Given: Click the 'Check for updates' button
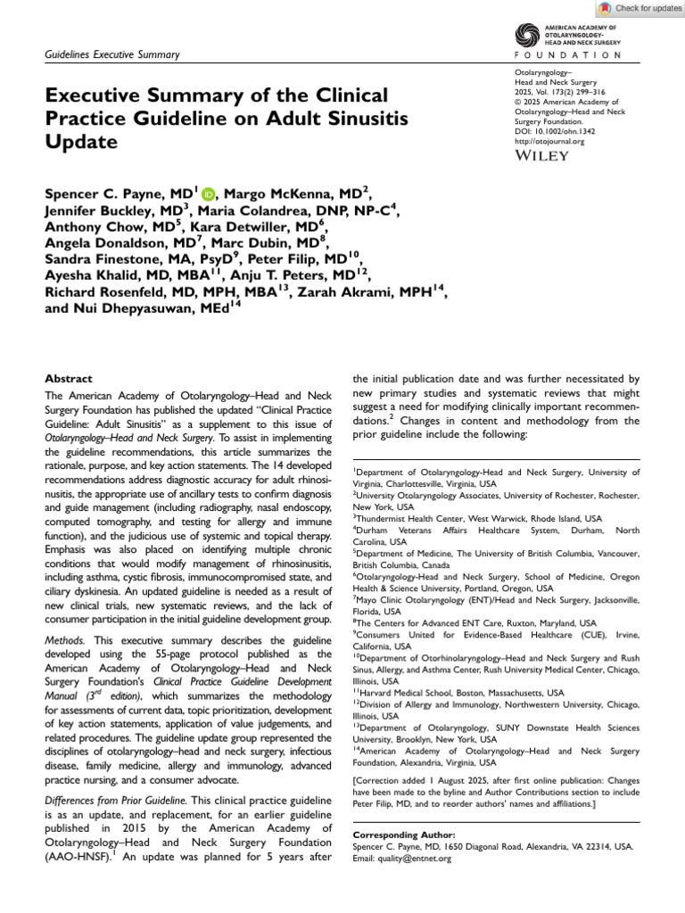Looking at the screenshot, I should [x=640, y=8].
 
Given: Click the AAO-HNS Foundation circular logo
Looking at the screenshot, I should [x=528, y=35].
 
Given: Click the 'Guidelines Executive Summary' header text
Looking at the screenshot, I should [x=112, y=55].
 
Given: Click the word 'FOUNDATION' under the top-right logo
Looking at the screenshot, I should [x=569, y=55].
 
